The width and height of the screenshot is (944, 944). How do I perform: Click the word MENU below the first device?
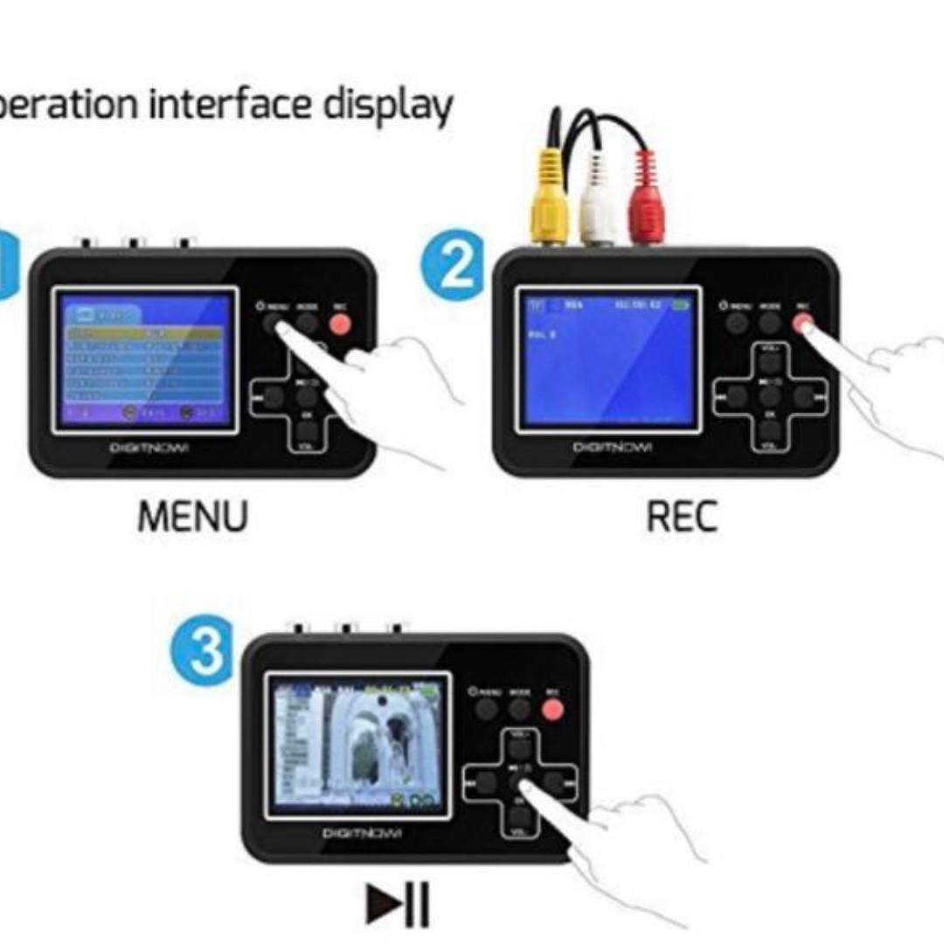click(x=192, y=517)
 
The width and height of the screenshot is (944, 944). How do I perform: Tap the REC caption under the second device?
click(x=682, y=517)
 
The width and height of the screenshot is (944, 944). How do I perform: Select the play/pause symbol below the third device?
click(x=398, y=905)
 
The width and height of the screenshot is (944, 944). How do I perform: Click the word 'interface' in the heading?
click(x=231, y=104)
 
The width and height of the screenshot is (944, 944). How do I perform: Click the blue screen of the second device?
click(x=607, y=358)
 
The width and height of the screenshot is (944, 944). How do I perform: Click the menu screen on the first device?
click(x=144, y=358)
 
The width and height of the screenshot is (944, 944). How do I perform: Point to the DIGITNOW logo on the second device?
click(x=613, y=448)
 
